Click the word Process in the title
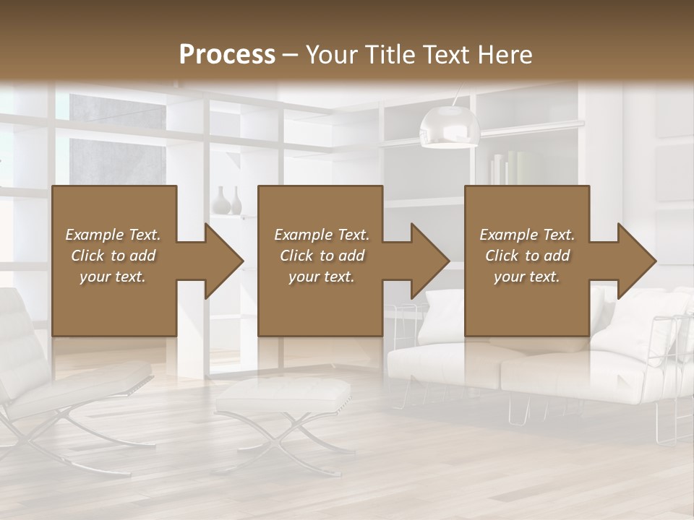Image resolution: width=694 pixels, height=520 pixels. (x=227, y=55)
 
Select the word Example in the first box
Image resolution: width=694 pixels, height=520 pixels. (x=94, y=235)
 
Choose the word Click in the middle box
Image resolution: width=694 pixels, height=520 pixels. (x=296, y=256)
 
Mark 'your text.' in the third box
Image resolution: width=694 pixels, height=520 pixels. (x=526, y=277)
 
